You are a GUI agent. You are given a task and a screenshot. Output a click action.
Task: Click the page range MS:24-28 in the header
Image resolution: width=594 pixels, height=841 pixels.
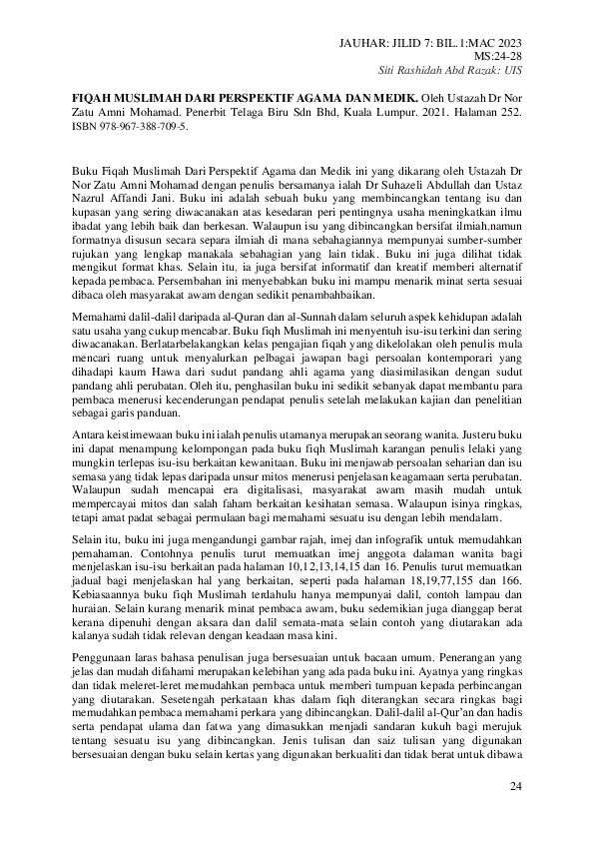(503, 56)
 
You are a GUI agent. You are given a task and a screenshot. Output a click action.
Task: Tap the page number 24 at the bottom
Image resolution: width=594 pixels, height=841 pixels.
(515, 789)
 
